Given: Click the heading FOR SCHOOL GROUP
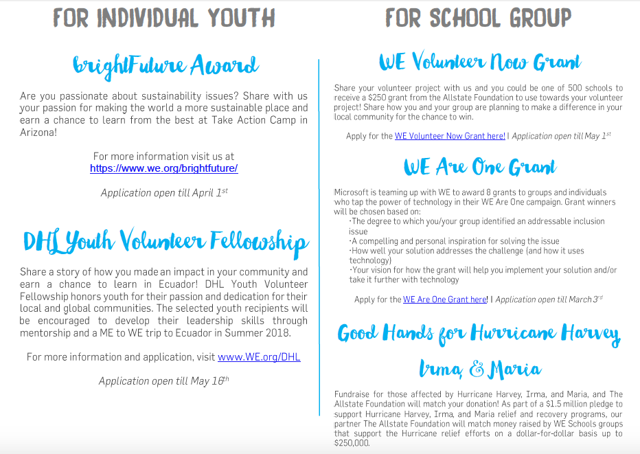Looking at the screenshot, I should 478,17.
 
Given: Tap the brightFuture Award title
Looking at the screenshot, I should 165,66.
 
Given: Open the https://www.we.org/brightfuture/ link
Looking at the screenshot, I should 164,168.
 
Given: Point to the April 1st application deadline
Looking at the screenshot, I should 164,193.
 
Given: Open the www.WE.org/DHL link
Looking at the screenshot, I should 259,357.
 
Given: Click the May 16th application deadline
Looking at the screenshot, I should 164,381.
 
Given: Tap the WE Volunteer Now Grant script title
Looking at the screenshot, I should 479,63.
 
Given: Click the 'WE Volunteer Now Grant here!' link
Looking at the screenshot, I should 450,136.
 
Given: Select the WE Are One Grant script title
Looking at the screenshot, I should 479,167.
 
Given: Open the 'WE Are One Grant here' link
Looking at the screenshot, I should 445,299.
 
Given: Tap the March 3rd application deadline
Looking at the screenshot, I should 549,299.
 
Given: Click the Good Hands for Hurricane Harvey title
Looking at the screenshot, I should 479,334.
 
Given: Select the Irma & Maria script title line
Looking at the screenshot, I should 479,370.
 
